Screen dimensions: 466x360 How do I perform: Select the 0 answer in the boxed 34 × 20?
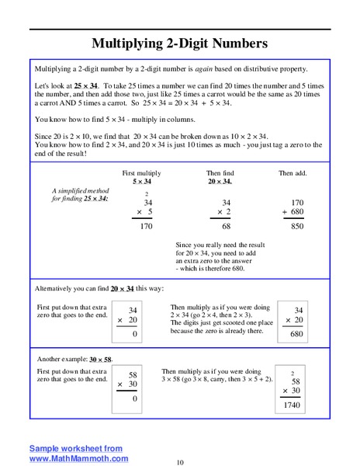pos(135,334)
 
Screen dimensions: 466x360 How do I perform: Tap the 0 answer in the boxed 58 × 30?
pos(135,399)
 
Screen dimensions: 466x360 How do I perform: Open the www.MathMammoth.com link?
pos(78,459)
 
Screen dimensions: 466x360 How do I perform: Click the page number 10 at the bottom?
pos(180,462)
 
